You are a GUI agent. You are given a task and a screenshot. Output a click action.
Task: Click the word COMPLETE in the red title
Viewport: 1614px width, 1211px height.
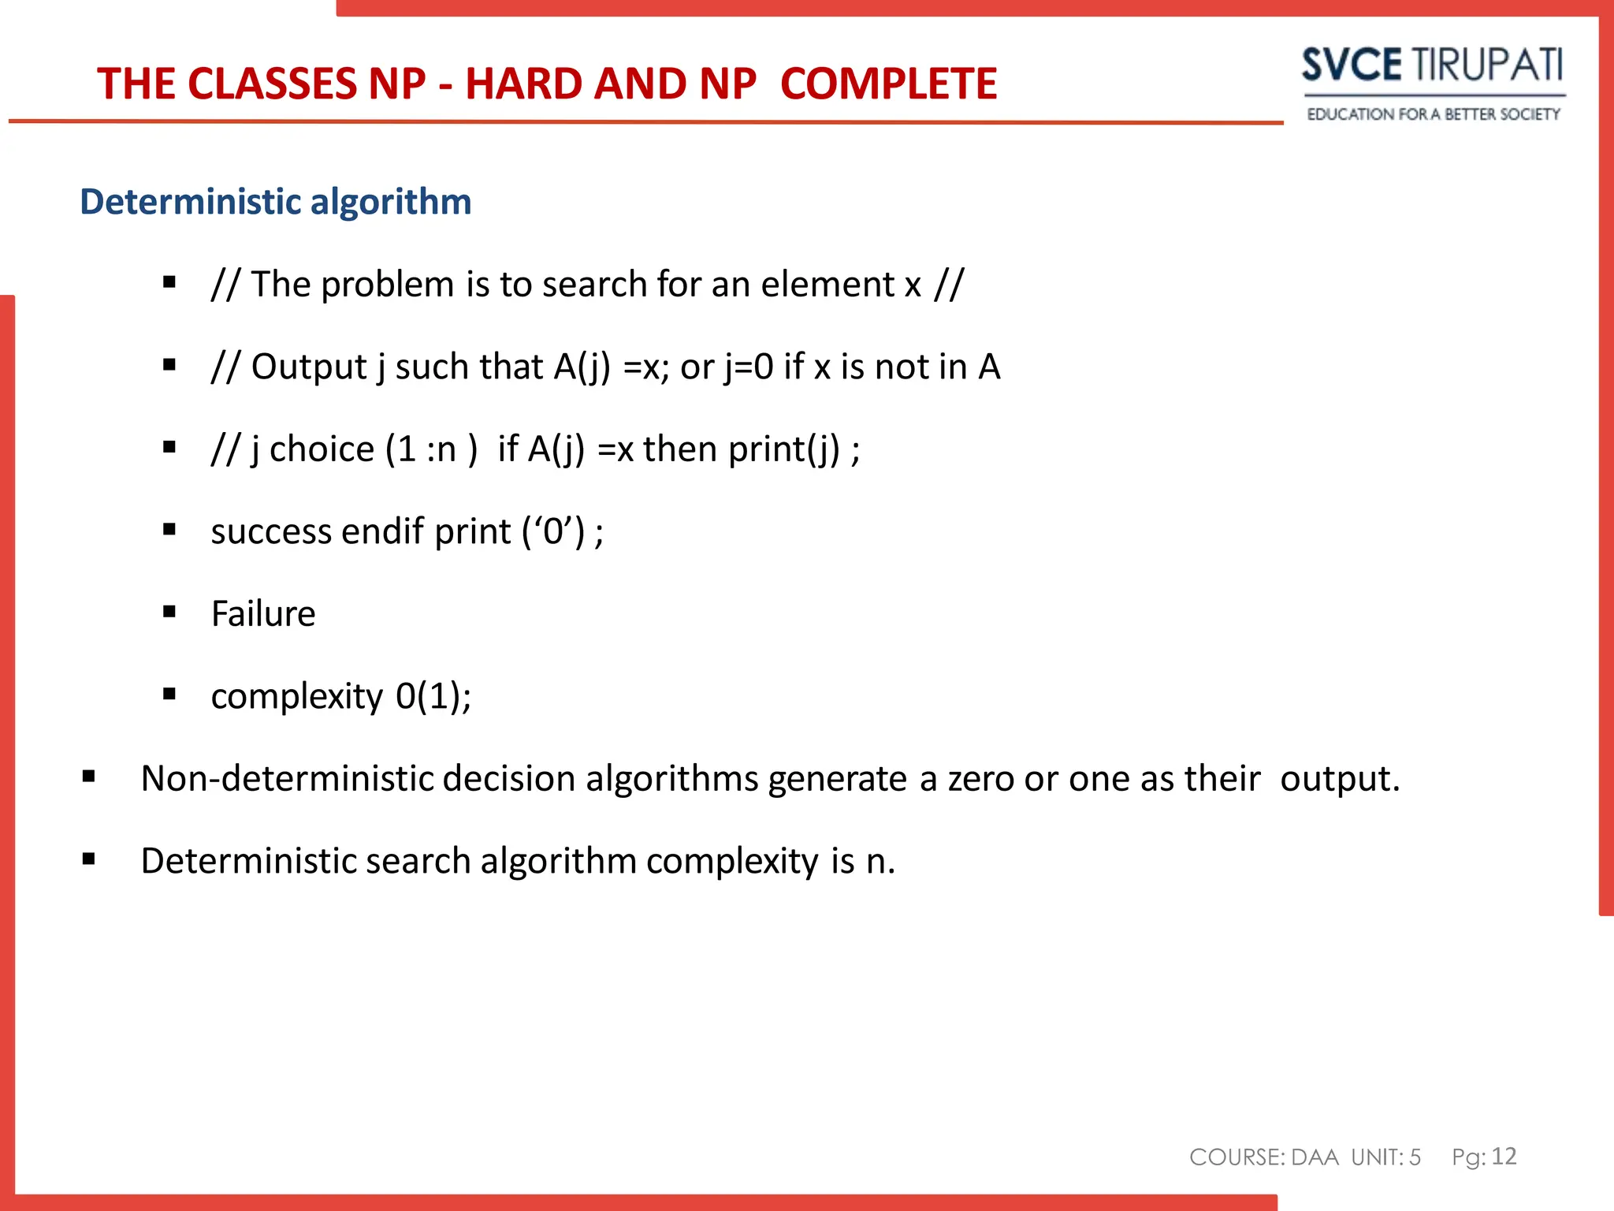click(888, 84)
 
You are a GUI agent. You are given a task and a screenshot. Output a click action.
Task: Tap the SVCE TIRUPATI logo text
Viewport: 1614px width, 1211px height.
click(1432, 65)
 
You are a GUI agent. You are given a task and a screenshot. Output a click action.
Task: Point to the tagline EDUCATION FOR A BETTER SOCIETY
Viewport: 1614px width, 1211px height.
click(1433, 114)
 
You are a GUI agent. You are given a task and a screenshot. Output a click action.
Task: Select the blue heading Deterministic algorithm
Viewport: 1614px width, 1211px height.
click(276, 202)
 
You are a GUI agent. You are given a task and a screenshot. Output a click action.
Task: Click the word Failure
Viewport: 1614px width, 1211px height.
click(263, 613)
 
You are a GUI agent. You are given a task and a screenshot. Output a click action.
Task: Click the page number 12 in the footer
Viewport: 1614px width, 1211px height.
click(1504, 1156)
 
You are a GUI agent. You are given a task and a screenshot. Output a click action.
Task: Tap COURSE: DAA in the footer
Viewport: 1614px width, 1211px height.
click(1263, 1157)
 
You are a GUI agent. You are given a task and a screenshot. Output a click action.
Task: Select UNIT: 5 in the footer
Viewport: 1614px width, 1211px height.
click(1385, 1157)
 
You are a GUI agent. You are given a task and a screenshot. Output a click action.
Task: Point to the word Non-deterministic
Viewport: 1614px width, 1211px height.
click(287, 779)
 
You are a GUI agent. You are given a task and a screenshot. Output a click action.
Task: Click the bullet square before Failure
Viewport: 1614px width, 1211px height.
click(169, 612)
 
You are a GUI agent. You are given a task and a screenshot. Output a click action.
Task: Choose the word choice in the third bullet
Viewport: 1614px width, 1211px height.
click(322, 449)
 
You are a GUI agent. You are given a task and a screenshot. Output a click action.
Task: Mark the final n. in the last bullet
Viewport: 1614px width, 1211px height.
click(880, 861)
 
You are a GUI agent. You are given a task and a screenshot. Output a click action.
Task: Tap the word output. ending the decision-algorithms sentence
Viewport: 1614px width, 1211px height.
click(1340, 779)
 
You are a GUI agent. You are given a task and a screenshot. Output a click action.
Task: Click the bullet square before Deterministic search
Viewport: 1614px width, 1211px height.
click(89, 859)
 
